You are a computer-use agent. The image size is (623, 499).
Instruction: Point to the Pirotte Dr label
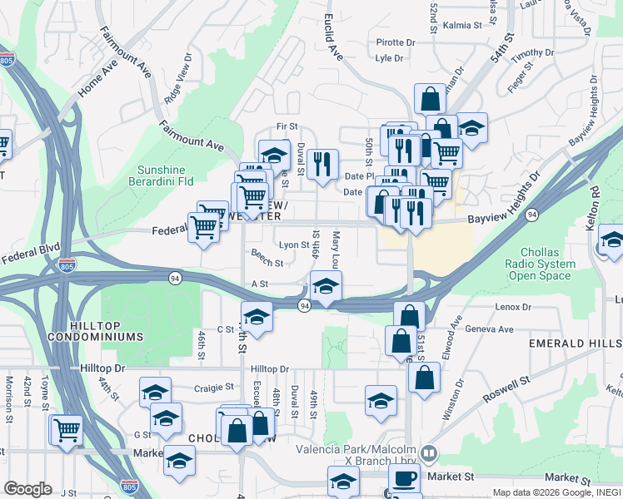395,42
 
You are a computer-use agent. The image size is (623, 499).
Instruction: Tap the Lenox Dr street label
514,307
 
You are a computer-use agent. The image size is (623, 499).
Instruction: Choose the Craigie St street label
215,388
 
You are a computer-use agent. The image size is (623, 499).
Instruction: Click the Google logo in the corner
27,489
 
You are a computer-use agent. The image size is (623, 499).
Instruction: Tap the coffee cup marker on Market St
405,479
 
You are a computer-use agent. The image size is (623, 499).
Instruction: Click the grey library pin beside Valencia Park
428,454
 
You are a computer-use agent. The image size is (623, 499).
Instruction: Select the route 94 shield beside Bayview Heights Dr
531,216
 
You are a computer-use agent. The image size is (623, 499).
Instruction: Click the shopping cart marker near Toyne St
67,429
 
